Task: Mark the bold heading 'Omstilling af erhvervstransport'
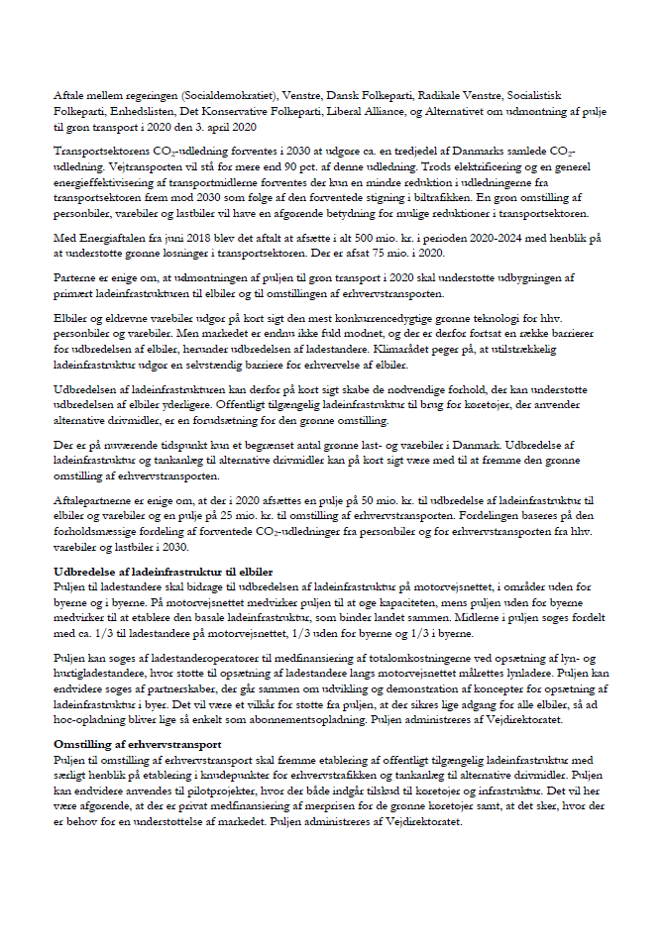tap(138, 745)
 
